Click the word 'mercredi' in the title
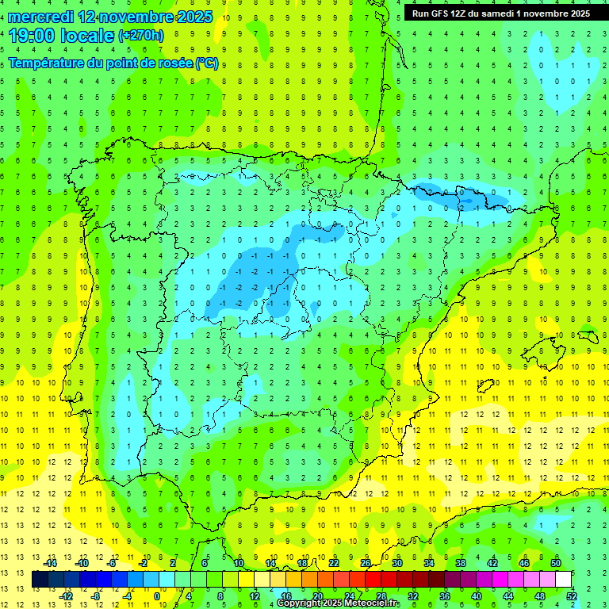tap(40, 17)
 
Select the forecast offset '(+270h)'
tap(141, 36)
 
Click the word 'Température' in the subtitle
tap(44, 63)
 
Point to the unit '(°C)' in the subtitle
tap(207, 63)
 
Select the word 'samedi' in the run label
tap(511, 13)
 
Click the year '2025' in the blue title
tap(190, 17)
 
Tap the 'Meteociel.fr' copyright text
tap(366, 603)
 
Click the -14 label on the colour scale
tap(51, 563)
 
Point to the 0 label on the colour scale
tap(157, 596)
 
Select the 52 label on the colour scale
tap(571, 596)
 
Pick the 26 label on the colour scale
tap(366, 563)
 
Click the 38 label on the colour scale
tap(460, 563)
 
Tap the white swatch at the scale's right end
tap(563, 580)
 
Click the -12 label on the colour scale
tap(67, 596)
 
